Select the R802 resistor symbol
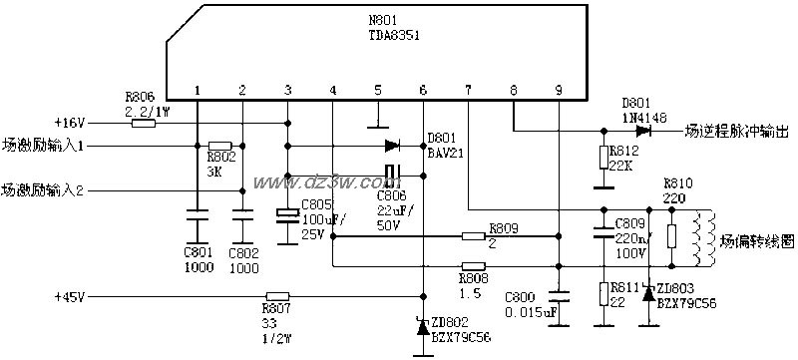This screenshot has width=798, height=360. point(220,146)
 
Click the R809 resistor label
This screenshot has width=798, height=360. point(504,227)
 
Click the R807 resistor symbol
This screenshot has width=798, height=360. point(276,296)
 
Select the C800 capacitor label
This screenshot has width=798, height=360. point(522,296)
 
